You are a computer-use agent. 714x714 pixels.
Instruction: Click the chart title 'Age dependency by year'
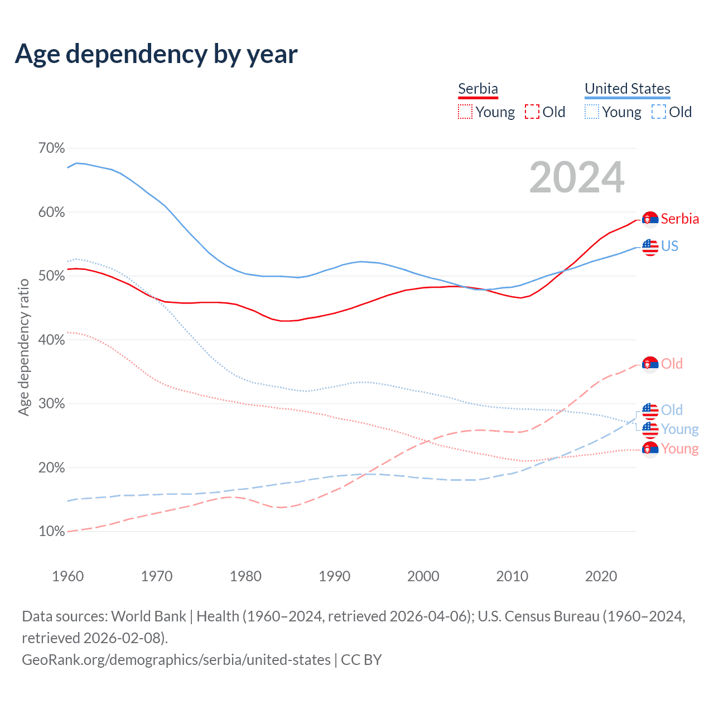coord(156,54)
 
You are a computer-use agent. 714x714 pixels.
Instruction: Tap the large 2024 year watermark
coord(577,177)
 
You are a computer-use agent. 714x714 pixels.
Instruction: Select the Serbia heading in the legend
coord(478,89)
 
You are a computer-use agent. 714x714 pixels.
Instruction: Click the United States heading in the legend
coord(628,89)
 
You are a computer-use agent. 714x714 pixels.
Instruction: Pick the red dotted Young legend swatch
coord(465,112)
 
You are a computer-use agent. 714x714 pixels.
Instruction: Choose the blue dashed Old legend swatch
coord(659,112)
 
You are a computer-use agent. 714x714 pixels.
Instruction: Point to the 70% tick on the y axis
coord(51,148)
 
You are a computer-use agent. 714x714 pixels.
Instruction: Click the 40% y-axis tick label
coord(51,340)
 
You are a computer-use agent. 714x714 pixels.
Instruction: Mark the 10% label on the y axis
coord(51,531)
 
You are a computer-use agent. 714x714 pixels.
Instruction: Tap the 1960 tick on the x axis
coord(68,576)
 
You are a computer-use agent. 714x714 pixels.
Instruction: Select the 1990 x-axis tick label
coord(335,576)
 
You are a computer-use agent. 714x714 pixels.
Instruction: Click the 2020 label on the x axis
coord(601,576)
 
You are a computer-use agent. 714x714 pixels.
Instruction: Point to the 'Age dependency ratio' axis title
coord(23,348)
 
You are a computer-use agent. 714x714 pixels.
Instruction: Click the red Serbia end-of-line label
coord(680,219)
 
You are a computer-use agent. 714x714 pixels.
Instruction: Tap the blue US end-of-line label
coord(670,246)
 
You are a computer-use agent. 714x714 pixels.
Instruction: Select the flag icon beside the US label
coord(650,247)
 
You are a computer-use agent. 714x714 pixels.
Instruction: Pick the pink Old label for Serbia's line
coord(672,364)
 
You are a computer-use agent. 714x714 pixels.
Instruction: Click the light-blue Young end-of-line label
coord(680,429)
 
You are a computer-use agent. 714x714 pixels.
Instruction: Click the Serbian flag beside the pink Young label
coord(650,449)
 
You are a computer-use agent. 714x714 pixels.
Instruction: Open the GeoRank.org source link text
coord(176,660)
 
